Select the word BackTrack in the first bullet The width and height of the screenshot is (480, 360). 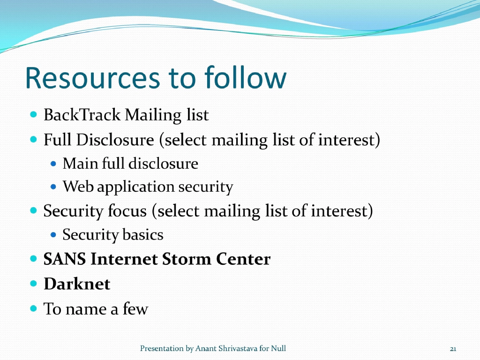pos(82,115)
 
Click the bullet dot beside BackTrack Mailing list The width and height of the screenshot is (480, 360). pos(33,114)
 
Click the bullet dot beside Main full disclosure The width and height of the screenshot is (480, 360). pos(53,164)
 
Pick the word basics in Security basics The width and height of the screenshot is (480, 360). pos(143,234)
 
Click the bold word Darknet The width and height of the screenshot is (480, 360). pos(77,284)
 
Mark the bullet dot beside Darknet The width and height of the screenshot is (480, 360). pos(33,284)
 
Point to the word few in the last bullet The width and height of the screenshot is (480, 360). pos(135,309)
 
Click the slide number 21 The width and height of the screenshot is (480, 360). pos(453,349)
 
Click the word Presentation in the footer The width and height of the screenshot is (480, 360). pos(162,348)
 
